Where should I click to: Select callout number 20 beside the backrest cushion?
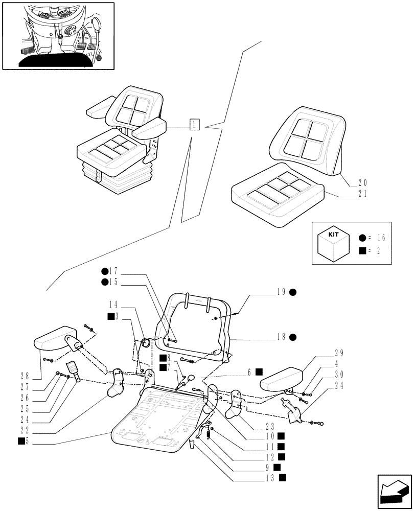pyautogui.click(x=363, y=182)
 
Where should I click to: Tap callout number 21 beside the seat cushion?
pyautogui.click(x=363, y=194)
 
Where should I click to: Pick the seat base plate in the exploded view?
pyautogui.click(x=153, y=419)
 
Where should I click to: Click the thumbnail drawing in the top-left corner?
pyautogui.click(x=58, y=35)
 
